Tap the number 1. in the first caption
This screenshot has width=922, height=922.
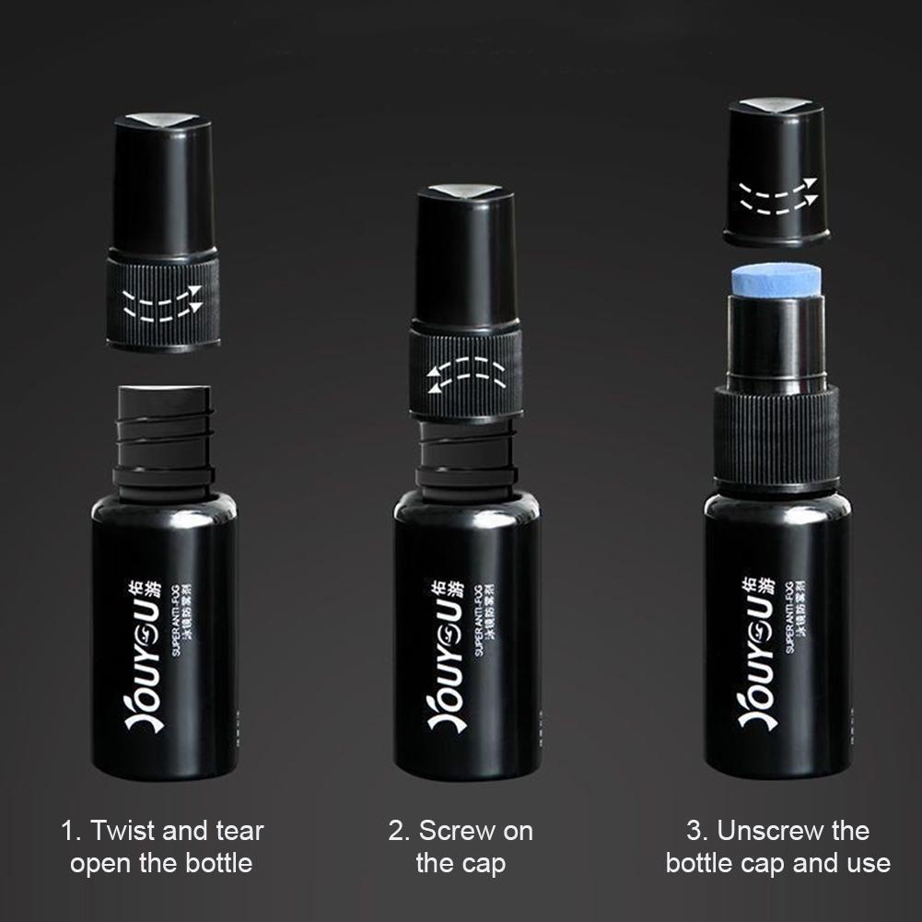pos(72,831)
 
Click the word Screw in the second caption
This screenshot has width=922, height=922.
pos(448,831)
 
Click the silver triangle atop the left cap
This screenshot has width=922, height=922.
pos(163,119)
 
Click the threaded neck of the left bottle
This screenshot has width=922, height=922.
pos(163,433)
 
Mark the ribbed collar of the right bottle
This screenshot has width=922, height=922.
pos(776,438)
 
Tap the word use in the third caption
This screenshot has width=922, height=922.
pos(870,863)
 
